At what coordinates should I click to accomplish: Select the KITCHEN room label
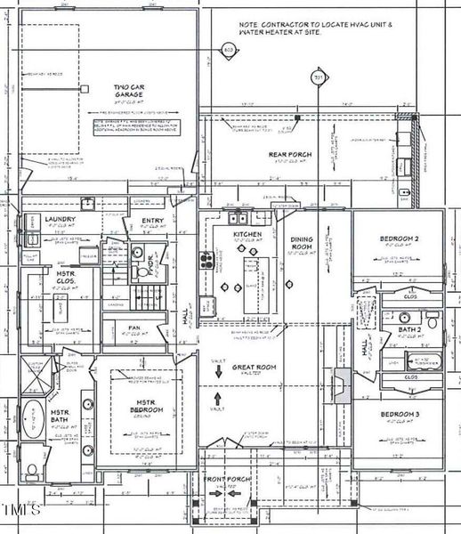click(x=247, y=234)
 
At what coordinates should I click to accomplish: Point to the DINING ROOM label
click(x=303, y=242)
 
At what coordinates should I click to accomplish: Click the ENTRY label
click(x=152, y=221)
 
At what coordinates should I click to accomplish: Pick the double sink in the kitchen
click(x=239, y=217)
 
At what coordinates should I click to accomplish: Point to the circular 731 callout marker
click(x=318, y=79)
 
